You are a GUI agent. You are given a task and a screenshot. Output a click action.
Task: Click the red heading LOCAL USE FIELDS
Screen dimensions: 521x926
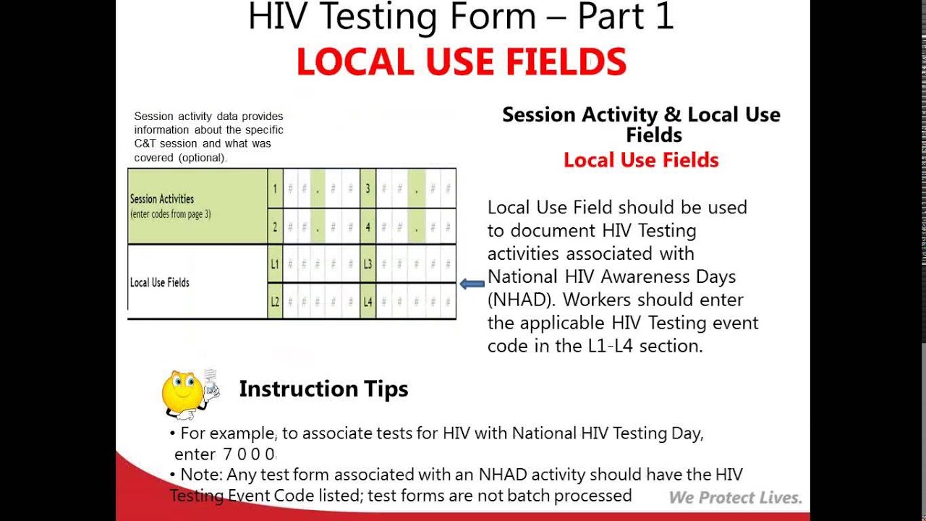[x=462, y=62]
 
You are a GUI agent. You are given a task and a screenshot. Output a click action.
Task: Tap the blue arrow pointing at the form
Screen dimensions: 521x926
[x=472, y=284]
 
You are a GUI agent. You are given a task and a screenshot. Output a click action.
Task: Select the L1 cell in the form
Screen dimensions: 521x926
[x=275, y=264]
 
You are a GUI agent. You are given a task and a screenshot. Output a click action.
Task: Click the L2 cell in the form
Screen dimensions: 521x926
[x=275, y=301]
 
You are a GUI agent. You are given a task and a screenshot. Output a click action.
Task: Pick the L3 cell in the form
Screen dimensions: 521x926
[x=368, y=264]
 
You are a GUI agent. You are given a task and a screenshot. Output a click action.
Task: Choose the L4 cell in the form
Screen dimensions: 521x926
[x=368, y=301]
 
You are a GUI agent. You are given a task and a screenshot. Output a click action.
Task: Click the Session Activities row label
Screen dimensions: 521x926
[x=162, y=199]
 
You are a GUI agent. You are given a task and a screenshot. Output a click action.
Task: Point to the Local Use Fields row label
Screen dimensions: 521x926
[x=160, y=282]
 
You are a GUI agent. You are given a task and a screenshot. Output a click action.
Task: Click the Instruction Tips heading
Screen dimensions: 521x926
[x=323, y=389]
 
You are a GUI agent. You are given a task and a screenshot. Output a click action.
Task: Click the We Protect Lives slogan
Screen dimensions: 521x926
[x=735, y=498]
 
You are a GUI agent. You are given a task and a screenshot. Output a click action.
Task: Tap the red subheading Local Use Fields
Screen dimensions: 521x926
[x=641, y=160]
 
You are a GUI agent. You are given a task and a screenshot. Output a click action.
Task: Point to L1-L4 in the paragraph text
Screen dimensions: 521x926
[x=612, y=346]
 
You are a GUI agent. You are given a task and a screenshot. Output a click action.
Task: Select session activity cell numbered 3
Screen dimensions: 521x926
[x=368, y=190]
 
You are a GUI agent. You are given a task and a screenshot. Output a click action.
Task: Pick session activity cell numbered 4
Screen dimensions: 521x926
[x=368, y=227]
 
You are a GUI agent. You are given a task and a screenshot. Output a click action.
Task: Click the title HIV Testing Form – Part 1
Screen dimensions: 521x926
[x=460, y=17]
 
